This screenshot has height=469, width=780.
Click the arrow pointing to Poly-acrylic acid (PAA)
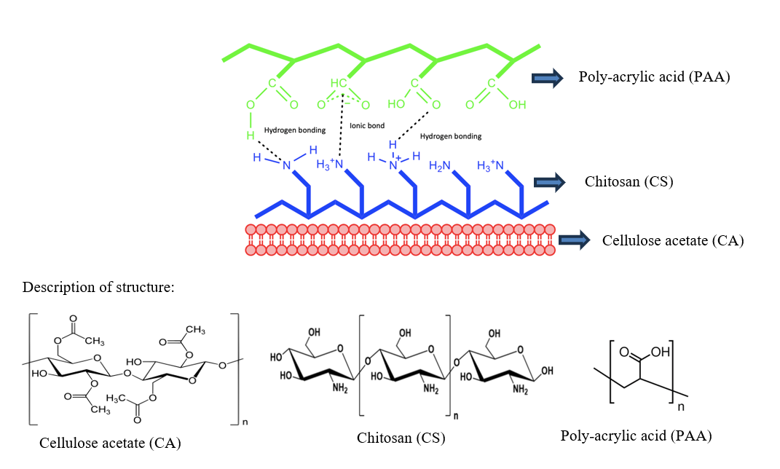[548, 79]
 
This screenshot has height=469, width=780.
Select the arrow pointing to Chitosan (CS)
[548, 181]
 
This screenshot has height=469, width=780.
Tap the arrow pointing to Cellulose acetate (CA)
[573, 240]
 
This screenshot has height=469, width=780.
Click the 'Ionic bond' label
[367, 126]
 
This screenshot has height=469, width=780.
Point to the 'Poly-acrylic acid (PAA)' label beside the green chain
[654, 77]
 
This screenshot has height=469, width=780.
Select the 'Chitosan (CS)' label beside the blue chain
[629, 181]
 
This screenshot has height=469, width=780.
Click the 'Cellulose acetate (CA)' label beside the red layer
[673, 240]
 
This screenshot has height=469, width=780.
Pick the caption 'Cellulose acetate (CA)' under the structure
[110, 442]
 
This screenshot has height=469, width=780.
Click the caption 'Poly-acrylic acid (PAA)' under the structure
[636, 435]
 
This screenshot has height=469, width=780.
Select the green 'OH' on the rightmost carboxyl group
[516, 105]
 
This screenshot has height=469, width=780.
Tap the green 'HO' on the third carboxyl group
[395, 105]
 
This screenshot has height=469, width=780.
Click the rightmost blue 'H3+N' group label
[492, 166]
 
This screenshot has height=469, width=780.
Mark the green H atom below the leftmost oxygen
[250, 135]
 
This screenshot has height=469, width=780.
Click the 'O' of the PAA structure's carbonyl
[624, 352]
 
